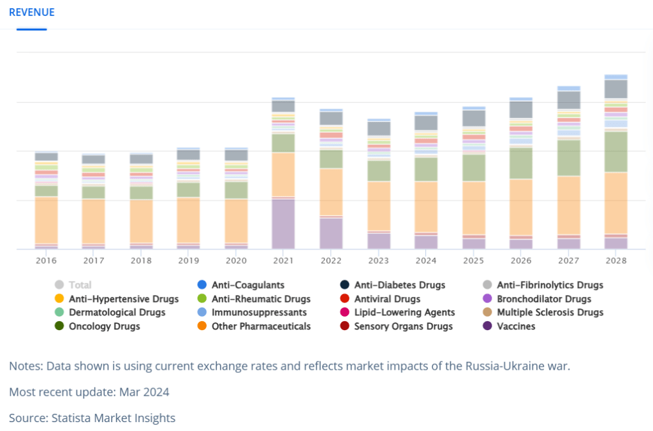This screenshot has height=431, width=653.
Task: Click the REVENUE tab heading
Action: [32, 13]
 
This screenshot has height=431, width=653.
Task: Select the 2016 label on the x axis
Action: [46, 261]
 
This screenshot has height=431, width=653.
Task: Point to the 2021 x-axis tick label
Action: [283, 261]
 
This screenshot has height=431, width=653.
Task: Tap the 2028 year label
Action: [616, 261]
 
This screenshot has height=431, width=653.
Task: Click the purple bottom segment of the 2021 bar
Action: [283, 224]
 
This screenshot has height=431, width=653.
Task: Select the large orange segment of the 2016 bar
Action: [46, 220]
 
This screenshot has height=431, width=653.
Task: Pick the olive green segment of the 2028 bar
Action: [616, 152]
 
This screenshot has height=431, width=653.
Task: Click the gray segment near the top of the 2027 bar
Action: [569, 100]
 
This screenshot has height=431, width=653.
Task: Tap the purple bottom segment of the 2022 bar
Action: [331, 234]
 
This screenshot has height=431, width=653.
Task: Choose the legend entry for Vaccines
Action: [509, 326]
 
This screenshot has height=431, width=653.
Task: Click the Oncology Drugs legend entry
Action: [98, 326]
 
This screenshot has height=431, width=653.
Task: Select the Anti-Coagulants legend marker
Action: [202, 285]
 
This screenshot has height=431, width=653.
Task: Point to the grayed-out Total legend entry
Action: [73, 285]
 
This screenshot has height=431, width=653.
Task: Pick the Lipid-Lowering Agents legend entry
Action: [398, 312]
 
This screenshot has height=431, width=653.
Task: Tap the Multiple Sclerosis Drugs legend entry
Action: [543, 312]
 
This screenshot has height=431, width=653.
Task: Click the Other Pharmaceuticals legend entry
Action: [254, 326]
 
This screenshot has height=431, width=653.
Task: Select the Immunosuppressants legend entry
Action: [252, 312]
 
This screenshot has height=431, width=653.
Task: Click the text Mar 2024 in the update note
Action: [144, 392]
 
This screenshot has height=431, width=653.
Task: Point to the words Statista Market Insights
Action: [114, 418]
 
